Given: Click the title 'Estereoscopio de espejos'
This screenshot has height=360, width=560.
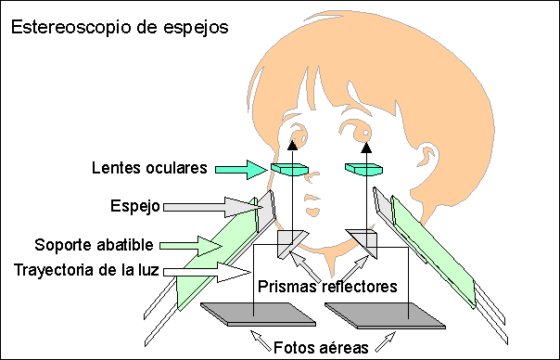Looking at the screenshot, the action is click(119, 27).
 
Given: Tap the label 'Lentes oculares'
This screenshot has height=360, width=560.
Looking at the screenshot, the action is click(149, 168).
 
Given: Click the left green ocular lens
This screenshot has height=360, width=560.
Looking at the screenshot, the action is click(289, 169).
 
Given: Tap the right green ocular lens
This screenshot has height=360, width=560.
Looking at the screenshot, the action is click(363, 169).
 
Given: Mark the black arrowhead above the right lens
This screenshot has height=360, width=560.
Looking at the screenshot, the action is click(366, 145).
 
